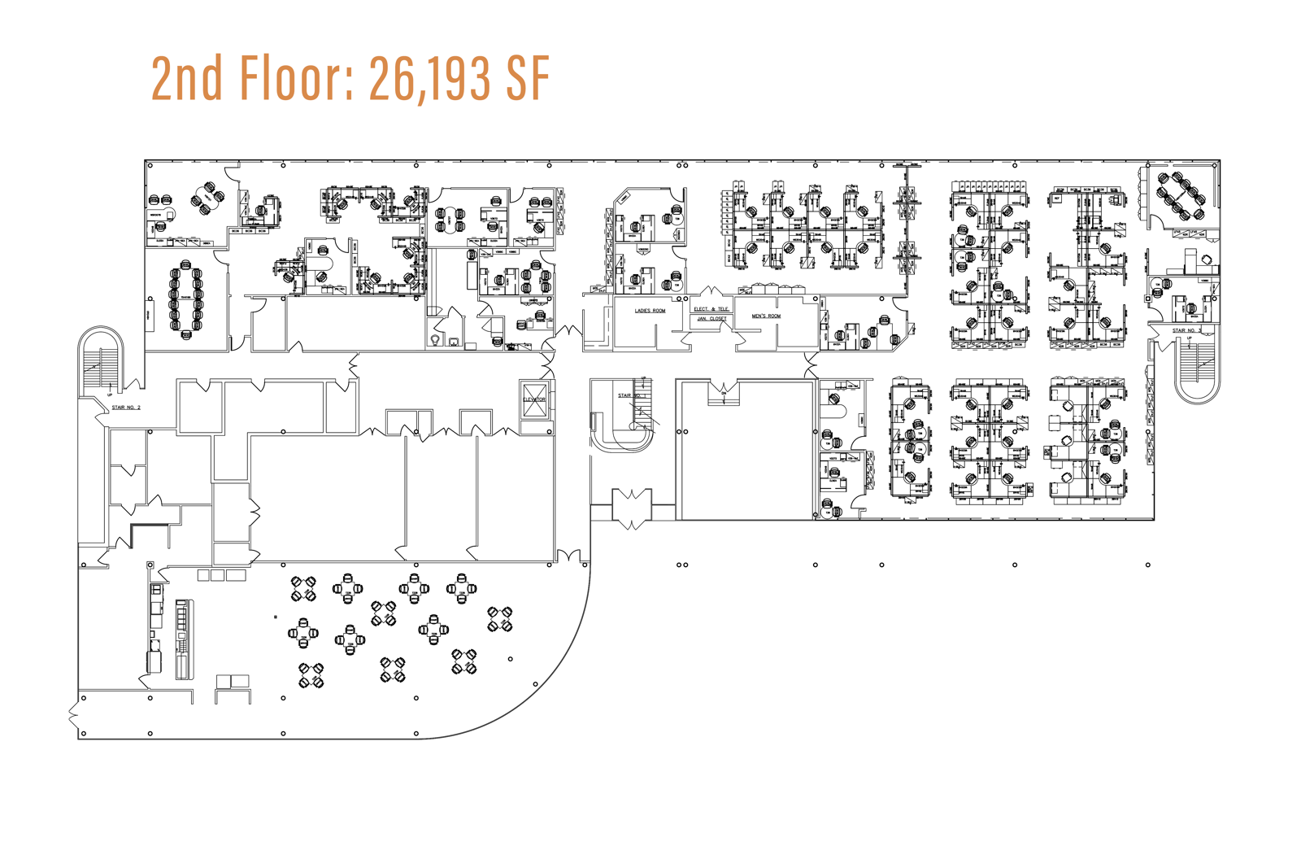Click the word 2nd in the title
(x=187, y=78)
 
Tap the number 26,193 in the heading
(x=430, y=78)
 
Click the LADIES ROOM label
(x=650, y=311)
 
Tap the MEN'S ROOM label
(x=766, y=316)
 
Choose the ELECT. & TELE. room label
(x=711, y=309)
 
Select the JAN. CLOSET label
(x=711, y=319)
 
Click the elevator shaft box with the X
(x=534, y=400)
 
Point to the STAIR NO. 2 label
(x=126, y=407)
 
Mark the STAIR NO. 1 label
(x=630, y=395)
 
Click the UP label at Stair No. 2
(x=111, y=395)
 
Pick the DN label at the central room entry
(x=723, y=393)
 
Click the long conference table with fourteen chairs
(x=186, y=299)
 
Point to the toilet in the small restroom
(x=437, y=339)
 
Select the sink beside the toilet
(x=454, y=342)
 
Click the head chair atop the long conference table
(x=186, y=264)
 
